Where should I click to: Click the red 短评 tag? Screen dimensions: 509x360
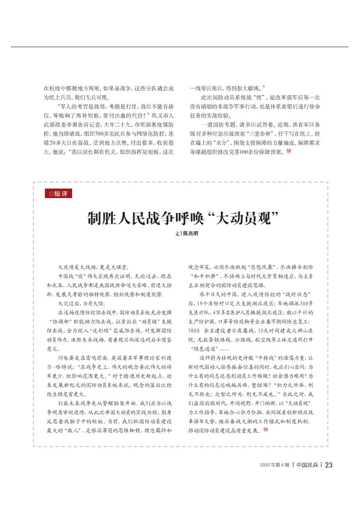[x=58, y=194]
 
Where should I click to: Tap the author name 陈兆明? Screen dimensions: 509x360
[x=190, y=233]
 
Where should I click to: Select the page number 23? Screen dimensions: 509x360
[x=329, y=465]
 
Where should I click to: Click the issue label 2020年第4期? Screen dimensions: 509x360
[x=275, y=465]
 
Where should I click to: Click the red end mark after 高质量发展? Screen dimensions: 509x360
[x=265, y=431]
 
